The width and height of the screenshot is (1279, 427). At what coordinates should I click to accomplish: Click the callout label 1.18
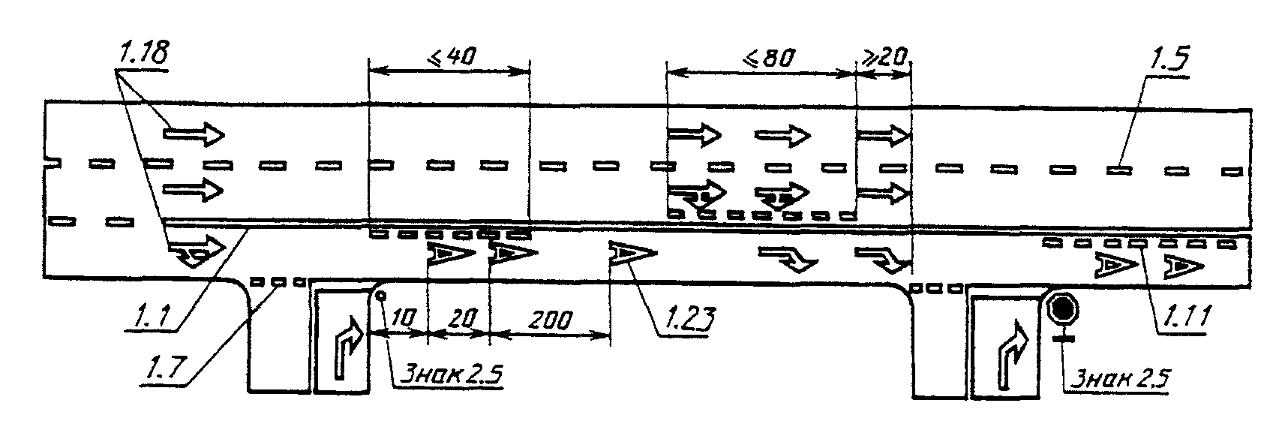pos(142,53)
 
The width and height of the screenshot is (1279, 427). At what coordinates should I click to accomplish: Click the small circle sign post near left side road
pos(380,295)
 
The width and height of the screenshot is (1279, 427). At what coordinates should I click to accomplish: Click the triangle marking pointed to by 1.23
pos(630,255)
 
